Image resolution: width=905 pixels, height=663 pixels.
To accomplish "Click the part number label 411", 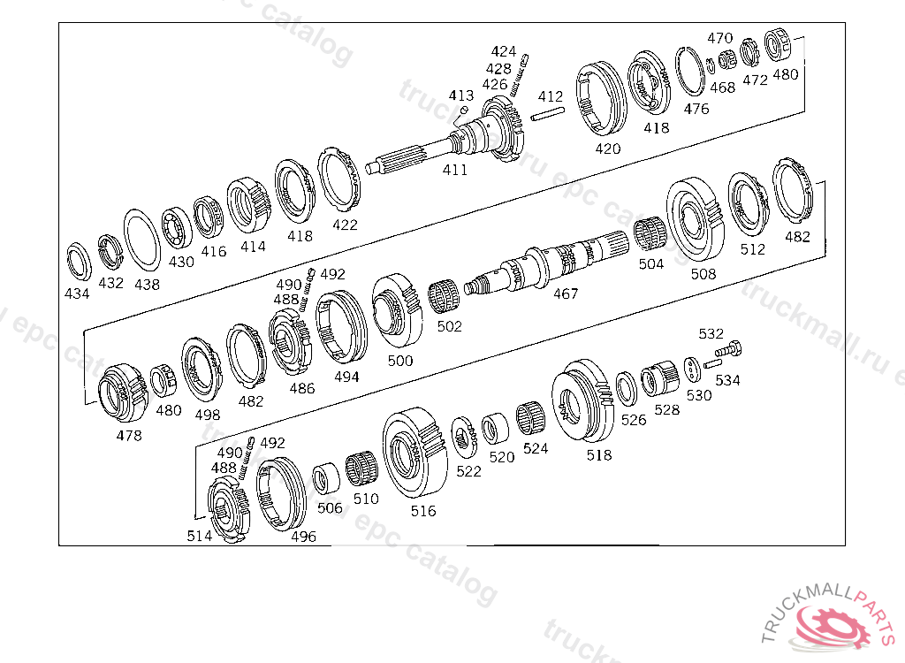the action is (x=455, y=170).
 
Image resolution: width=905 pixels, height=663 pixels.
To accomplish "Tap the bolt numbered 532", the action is (x=728, y=349).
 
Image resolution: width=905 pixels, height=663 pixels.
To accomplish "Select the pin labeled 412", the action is (x=548, y=114).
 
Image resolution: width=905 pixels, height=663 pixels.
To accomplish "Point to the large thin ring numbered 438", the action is (x=142, y=240).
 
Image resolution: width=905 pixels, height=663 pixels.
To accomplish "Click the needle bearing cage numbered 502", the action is (x=444, y=297).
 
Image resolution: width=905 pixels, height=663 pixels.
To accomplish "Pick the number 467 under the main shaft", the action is (x=566, y=294).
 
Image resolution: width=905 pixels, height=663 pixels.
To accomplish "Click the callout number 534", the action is (x=728, y=380).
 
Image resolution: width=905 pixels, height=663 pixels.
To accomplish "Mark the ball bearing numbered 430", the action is (x=177, y=227).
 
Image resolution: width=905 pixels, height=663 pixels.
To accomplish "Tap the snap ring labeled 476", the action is (x=690, y=72).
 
